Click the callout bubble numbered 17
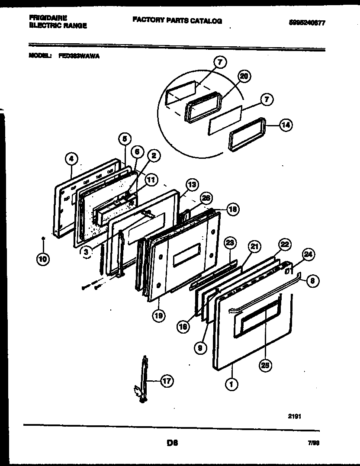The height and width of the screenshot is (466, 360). [167, 381]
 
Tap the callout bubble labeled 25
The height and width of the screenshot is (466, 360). [265, 366]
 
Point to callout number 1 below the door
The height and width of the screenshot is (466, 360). [231, 383]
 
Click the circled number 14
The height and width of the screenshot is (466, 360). [285, 125]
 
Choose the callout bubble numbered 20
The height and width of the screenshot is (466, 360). [244, 76]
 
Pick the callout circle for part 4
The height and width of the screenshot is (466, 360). [72, 159]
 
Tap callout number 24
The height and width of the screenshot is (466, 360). [306, 255]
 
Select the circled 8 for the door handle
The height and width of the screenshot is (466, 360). [313, 281]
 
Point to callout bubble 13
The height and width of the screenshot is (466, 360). [192, 184]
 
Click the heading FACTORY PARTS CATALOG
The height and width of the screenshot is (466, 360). [177, 20]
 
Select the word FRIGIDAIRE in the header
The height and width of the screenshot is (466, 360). [48, 18]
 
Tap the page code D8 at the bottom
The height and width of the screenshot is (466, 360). [172, 443]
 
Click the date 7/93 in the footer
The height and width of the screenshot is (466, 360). [313, 444]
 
